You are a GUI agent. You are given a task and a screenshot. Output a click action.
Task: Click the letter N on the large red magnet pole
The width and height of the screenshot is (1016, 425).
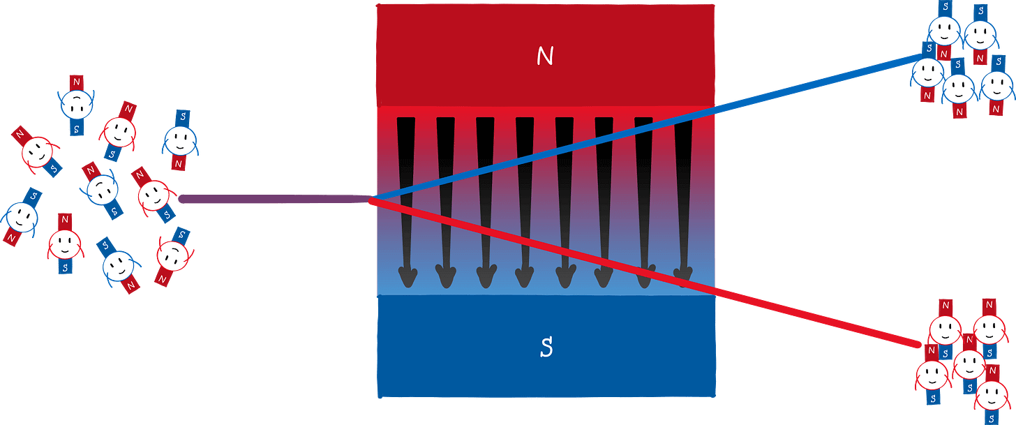click(x=545, y=57)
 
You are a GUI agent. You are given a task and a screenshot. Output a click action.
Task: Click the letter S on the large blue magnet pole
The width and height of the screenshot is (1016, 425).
click(x=546, y=347)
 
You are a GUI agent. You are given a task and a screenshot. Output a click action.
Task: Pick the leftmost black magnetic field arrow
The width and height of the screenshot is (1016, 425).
click(x=406, y=202)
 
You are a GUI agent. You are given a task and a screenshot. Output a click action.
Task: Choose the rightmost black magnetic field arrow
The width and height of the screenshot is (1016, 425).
click(x=684, y=202)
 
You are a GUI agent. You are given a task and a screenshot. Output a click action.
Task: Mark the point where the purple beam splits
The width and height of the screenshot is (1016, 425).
click(x=372, y=200)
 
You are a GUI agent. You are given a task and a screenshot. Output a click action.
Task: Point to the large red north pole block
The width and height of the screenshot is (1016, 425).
click(x=545, y=56)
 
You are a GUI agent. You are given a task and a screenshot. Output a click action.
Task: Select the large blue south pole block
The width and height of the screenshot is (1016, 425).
click(x=546, y=347)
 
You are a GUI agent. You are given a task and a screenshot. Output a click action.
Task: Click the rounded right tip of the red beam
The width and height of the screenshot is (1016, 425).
click(x=918, y=344)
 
